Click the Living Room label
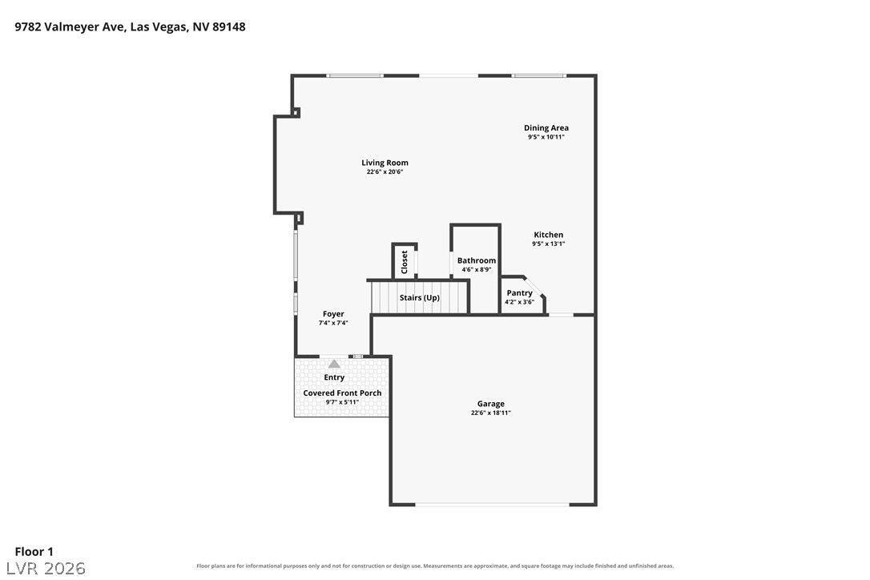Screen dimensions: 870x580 point(385,163)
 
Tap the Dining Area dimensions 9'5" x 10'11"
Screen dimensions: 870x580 point(546,137)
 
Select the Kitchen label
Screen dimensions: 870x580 point(548,235)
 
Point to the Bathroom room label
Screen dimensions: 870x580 point(477,260)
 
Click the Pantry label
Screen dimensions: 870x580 point(519,293)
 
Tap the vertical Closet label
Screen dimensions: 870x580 point(405,262)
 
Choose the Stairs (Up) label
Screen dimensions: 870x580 point(420,298)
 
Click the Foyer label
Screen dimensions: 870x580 point(333,314)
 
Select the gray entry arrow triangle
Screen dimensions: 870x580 point(334,364)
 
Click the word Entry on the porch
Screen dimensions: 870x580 point(334,377)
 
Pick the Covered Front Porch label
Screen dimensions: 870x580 point(342,393)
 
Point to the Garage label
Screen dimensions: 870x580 point(491,404)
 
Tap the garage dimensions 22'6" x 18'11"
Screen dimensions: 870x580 point(491,413)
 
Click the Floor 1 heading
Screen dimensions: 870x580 point(34,552)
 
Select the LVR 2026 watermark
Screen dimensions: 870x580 point(46,568)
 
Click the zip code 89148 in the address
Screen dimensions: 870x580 point(228,26)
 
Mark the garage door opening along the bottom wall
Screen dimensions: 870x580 point(492,505)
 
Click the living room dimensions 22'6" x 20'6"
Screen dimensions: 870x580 point(385,172)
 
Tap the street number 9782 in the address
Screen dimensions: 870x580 point(28,26)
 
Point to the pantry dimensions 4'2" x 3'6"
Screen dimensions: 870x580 point(519,302)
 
